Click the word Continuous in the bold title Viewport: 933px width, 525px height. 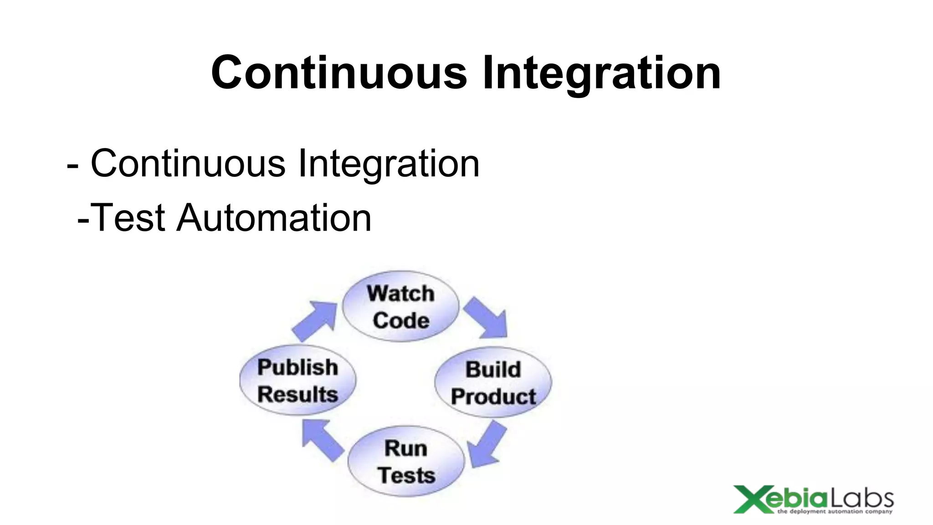[339, 73]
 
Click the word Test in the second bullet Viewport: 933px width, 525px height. [128, 218]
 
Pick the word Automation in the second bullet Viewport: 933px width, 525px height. [274, 218]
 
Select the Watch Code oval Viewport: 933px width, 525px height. [400, 306]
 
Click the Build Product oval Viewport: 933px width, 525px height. [493, 382]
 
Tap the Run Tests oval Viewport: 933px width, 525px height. [406, 461]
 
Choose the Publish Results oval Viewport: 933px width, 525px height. [297, 380]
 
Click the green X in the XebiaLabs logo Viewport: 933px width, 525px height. [750, 499]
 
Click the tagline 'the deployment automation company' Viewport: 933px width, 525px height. [835, 512]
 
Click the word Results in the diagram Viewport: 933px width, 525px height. [297, 394]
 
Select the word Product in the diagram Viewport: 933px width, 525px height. [493, 396]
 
